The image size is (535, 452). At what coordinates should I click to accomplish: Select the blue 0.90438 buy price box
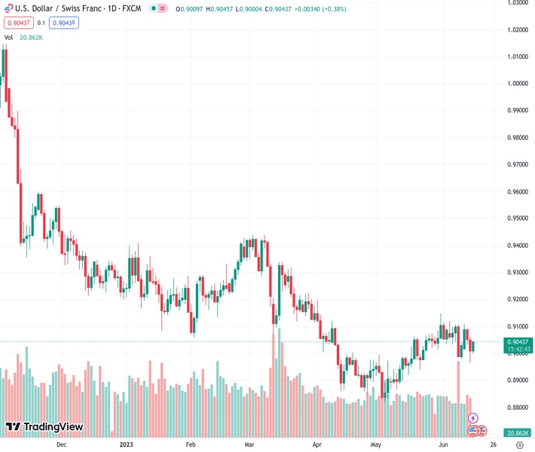coord(65,23)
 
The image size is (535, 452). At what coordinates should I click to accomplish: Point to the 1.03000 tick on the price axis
coord(517,3)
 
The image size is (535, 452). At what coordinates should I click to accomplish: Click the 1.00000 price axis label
coord(517,84)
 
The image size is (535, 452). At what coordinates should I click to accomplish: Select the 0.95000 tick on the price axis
coord(517,218)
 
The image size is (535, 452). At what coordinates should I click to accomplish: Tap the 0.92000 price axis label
coord(517,299)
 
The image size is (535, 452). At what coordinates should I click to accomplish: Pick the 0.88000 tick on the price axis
coord(517,408)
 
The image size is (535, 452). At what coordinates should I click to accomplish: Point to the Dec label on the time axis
coord(62,444)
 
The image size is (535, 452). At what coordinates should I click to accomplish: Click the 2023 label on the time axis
coord(127,444)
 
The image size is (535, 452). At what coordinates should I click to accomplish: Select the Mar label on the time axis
coord(249,444)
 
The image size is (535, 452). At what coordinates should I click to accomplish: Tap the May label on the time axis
coord(376,444)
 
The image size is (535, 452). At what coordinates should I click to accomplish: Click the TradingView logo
coord(44,427)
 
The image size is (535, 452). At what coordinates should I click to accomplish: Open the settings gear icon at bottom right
coord(519,444)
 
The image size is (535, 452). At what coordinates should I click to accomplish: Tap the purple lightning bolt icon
coord(473,417)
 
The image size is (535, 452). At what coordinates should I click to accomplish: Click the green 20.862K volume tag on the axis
coord(517,432)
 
